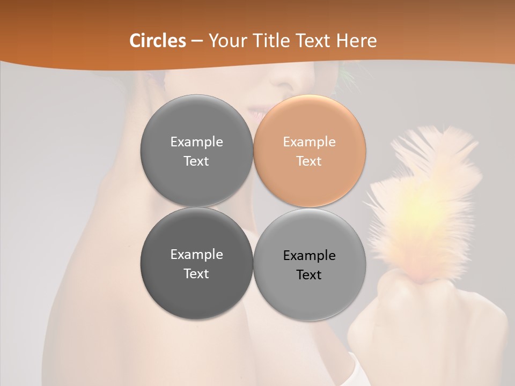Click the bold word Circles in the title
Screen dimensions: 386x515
157,40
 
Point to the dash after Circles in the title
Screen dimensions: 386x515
197,41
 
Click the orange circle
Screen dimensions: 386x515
310,151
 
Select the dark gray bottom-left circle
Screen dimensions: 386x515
196,263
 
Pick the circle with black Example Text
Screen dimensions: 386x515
310,264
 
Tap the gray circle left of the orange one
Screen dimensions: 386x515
196,151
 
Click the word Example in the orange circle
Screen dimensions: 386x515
309,142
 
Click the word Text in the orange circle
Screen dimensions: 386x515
309,161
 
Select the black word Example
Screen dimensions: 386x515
309,255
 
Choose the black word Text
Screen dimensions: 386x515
309,274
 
